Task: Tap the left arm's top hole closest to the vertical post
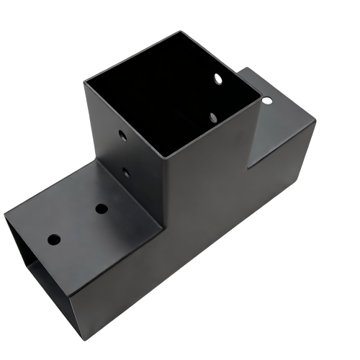[102, 209]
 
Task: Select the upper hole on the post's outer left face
[121, 135]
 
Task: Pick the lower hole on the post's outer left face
[126, 171]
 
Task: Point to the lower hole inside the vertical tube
[213, 115]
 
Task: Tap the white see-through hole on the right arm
[266, 101]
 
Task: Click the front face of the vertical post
[209, 180]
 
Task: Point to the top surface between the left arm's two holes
[78, 223]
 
